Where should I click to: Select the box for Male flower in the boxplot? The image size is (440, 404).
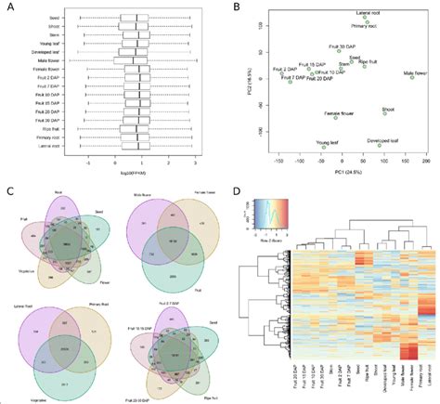(x=136, y=62)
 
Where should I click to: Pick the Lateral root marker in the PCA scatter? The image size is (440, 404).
(x=366, y=17)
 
